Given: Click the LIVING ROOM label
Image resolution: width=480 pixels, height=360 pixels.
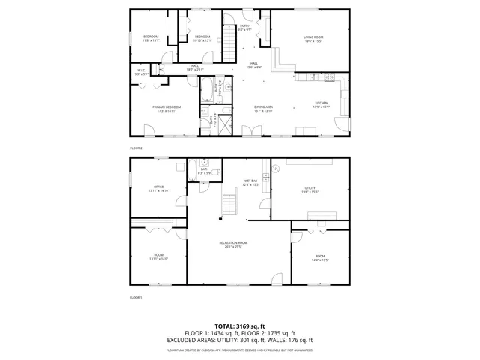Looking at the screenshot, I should (x=313, y=37).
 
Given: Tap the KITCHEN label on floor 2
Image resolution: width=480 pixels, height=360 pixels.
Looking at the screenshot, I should (x=321, y=103).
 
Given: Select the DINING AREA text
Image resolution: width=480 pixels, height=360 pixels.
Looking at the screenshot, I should (x=262, y=107).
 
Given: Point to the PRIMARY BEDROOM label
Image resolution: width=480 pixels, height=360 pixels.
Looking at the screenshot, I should (x=166, y=107).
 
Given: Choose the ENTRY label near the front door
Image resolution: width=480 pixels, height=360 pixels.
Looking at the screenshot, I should (x=244, y=27).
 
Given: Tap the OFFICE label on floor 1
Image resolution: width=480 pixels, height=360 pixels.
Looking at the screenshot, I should (x=159, y=187).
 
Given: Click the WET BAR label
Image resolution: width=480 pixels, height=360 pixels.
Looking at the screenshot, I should (x=251, y=181).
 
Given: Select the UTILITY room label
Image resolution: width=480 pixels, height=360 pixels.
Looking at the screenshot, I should (x=310, y=190).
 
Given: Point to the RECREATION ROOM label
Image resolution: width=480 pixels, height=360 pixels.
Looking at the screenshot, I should (x=234, y=243).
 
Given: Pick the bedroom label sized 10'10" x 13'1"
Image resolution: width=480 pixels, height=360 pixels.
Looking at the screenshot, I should (x=203, y=37).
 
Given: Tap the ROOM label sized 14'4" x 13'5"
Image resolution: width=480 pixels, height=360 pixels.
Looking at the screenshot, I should (x=320, y=257).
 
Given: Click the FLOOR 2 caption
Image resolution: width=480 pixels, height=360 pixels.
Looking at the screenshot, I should (x=136, y=148).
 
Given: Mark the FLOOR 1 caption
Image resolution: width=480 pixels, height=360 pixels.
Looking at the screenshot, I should (x=136, y=298).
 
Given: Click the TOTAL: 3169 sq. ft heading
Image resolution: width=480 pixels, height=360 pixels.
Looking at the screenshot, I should (x=240, y=326).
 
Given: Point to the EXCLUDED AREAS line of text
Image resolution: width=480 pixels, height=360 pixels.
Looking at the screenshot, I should (x=240, y=339).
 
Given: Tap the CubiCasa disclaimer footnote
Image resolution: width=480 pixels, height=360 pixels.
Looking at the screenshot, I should (x=240, y=349).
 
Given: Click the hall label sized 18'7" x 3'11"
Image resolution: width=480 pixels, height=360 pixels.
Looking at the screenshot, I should (x=194, y=67).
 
